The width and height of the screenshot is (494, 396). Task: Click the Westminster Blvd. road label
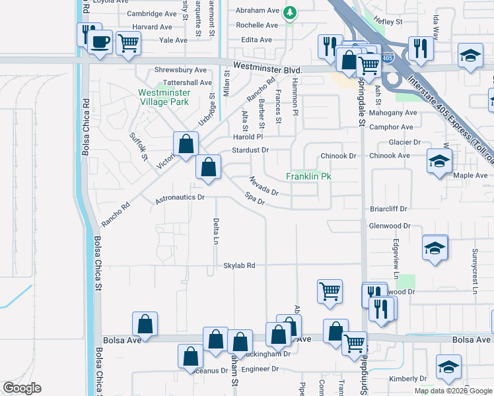click(x=268, y=69)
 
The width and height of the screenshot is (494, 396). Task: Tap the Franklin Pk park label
click(x=308, y=176)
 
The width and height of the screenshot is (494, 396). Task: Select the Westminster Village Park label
click(x=163, y=97)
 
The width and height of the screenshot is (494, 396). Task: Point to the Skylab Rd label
click(x=239, y=265)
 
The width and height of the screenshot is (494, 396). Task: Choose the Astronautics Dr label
click(x=180, y=197)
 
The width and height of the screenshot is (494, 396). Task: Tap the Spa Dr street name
click(x=254, y=198)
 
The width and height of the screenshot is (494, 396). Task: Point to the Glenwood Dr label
click(x=390, y=226)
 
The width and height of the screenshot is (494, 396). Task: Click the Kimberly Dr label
click(x=408, y=379)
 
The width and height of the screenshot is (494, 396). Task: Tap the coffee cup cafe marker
click(x=100, y=42)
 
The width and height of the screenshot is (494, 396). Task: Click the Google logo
click(x=22, y=388)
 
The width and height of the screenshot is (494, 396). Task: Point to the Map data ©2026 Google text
click(x=453, y=391)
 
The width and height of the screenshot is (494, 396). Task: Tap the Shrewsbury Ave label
click(x=180, y=69)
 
